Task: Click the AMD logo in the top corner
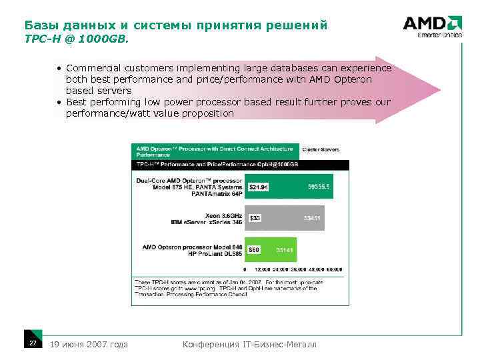point(433,25)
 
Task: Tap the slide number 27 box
point(32,342)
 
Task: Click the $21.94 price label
point(258,188)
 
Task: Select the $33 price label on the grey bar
point(255,218)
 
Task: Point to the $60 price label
point(254,249)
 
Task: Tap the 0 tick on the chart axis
point(245,269)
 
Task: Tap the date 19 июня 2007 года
point(89,344)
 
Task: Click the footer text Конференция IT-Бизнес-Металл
point(249,344)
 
